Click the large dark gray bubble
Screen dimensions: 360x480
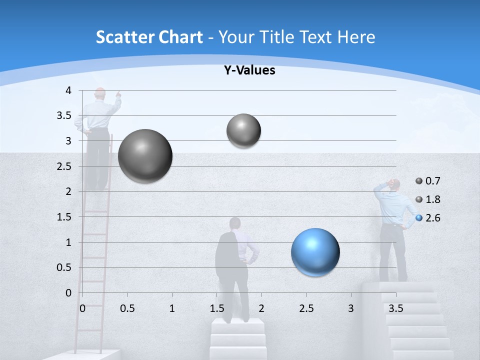pos(145,156)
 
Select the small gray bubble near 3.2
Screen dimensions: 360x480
pos(243,130)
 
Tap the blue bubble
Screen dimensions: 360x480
pos(315,252)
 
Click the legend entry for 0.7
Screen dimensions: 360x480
pos(428,181)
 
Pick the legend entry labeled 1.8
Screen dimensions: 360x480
pos(428,199)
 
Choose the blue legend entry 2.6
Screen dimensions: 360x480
pos(428,218)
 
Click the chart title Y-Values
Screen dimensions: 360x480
pos(249,70)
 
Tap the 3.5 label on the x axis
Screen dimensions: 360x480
pos(396,308)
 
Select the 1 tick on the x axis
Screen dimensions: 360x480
pos(172,308)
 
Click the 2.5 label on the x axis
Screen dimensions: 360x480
pos(306,308)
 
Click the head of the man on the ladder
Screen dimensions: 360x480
pos(100,93)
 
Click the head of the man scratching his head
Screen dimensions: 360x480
pos(394,185)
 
